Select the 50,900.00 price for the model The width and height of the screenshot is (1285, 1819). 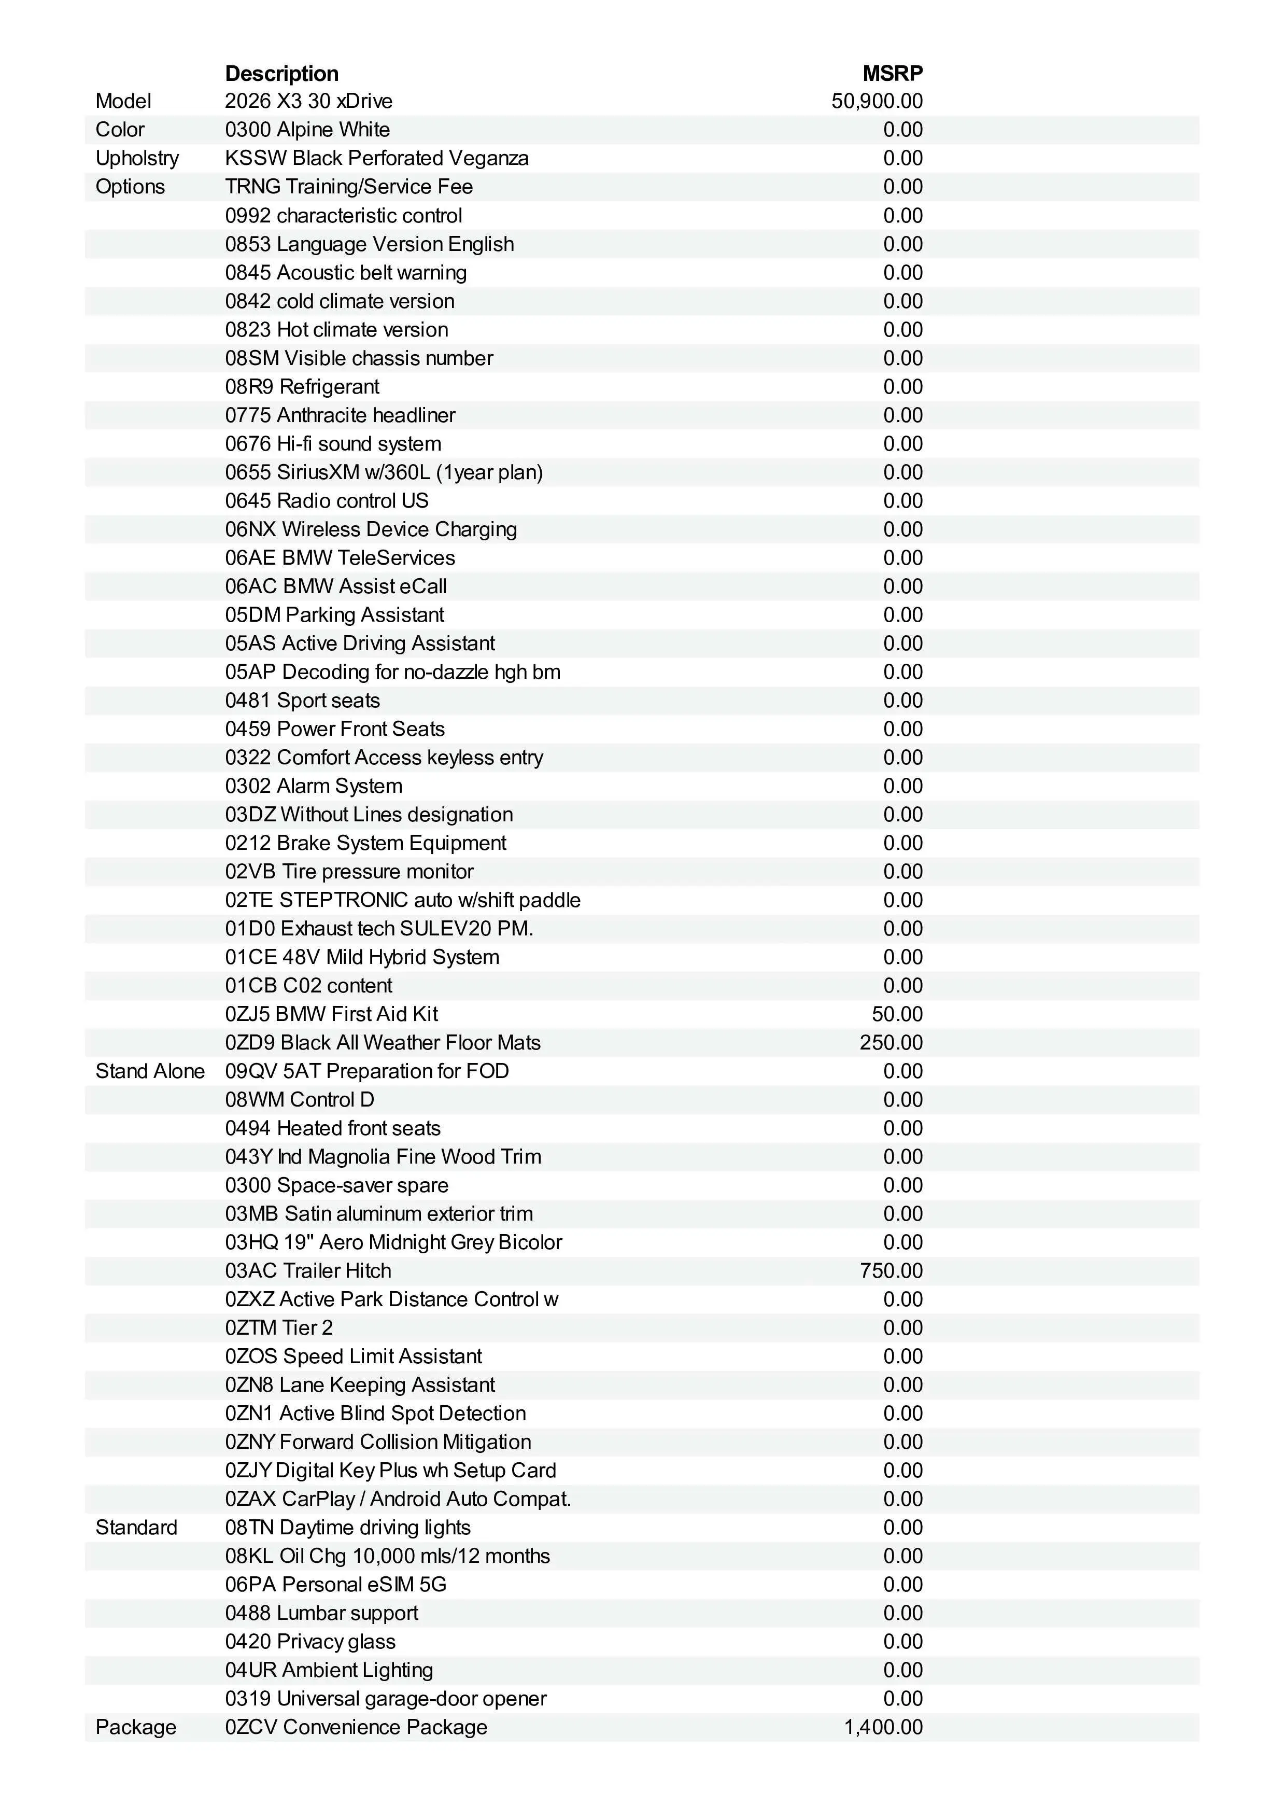877,102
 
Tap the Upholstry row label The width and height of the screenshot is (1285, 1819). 137,159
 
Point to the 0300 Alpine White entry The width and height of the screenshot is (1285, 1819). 307,130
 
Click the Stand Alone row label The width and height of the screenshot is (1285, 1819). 150,1071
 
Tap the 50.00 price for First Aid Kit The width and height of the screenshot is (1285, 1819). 897,1014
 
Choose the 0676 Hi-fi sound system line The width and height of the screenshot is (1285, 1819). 333,444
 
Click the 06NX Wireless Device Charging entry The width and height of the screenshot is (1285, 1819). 371,529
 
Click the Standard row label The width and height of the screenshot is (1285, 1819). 136,1528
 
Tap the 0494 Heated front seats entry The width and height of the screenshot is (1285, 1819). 333,1128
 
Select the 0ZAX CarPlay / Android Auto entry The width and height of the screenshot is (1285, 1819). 398,1499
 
